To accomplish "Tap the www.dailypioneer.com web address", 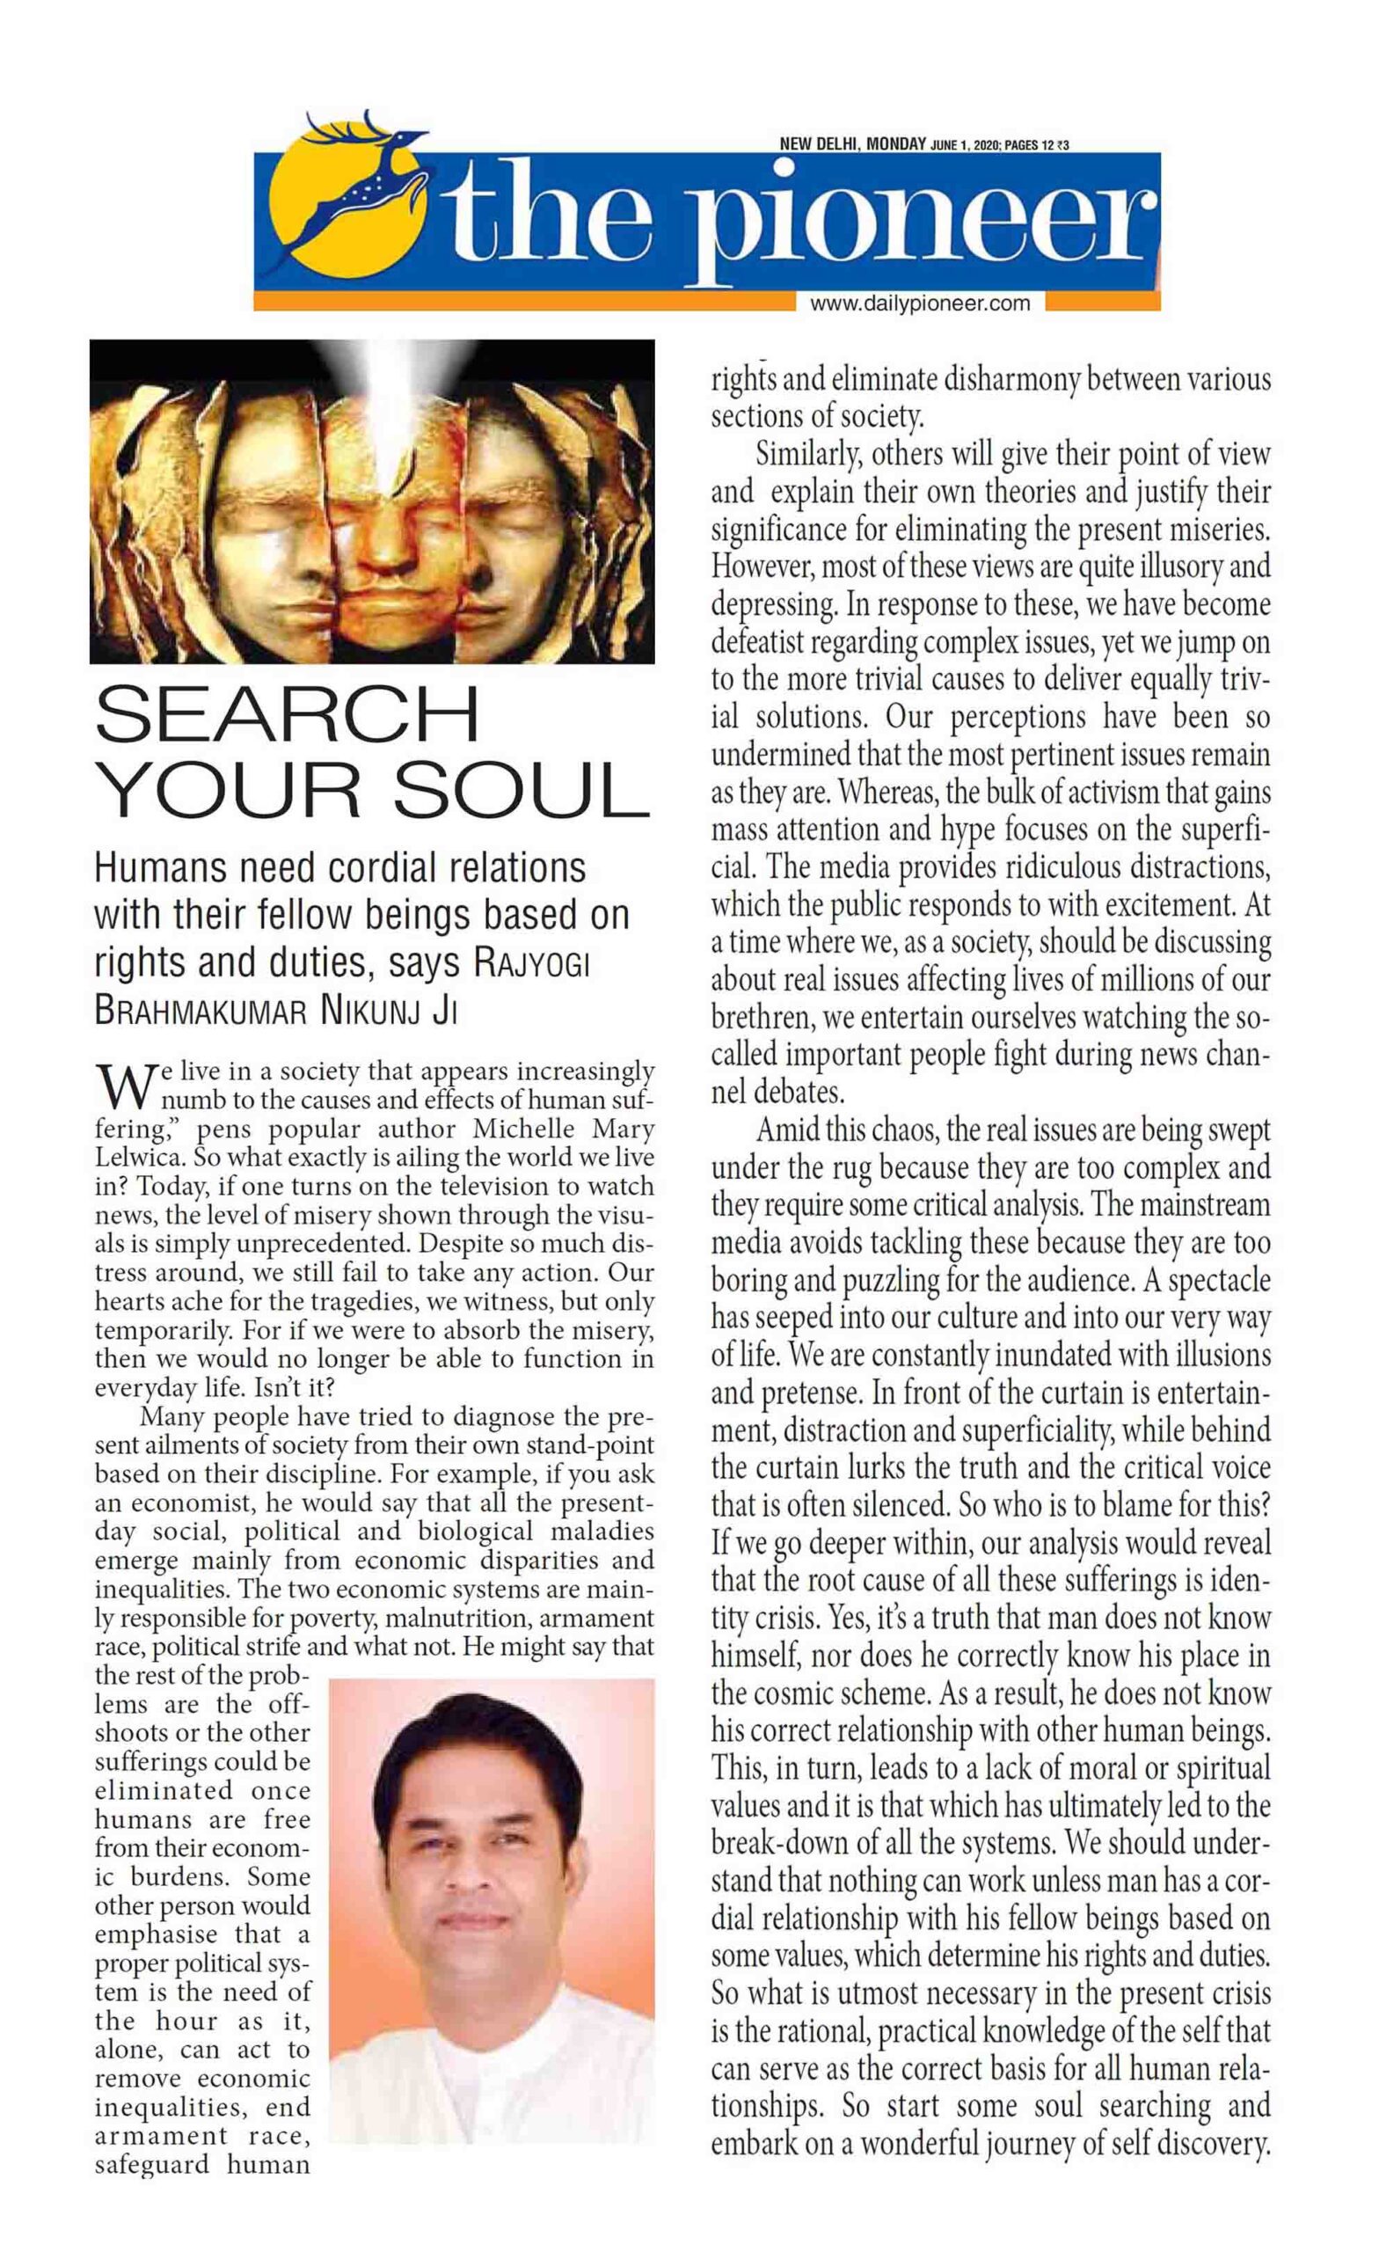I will (919, 303).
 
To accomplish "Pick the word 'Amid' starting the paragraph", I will (787, 1130).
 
